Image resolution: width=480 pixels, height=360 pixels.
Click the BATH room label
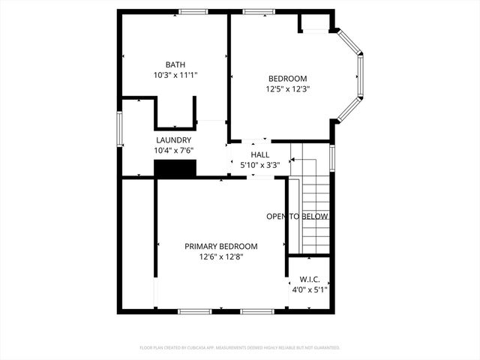(175, 64)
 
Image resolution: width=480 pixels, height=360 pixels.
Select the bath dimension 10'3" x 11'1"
(175, 75)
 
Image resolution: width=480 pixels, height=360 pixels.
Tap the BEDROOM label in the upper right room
(288, 79)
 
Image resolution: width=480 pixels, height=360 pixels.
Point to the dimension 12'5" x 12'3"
(288, 89)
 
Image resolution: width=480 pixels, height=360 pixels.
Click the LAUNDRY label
(173, 140)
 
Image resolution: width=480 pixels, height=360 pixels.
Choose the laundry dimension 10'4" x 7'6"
(173, 151)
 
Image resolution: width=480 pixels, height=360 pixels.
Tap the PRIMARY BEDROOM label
(221, 246)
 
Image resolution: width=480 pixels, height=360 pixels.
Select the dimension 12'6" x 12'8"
(221, 256)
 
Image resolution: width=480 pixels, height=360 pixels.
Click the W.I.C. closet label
(310, 279)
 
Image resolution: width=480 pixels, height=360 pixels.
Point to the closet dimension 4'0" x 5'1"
(310, 289)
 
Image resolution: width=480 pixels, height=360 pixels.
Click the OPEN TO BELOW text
(298, 217)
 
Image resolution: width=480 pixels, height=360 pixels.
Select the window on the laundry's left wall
(118, 128)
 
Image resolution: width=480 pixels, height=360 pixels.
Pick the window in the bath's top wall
(193, 11)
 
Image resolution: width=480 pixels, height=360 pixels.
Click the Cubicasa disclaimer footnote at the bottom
(240, 348)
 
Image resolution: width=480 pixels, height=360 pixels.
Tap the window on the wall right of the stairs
(332, 158)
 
